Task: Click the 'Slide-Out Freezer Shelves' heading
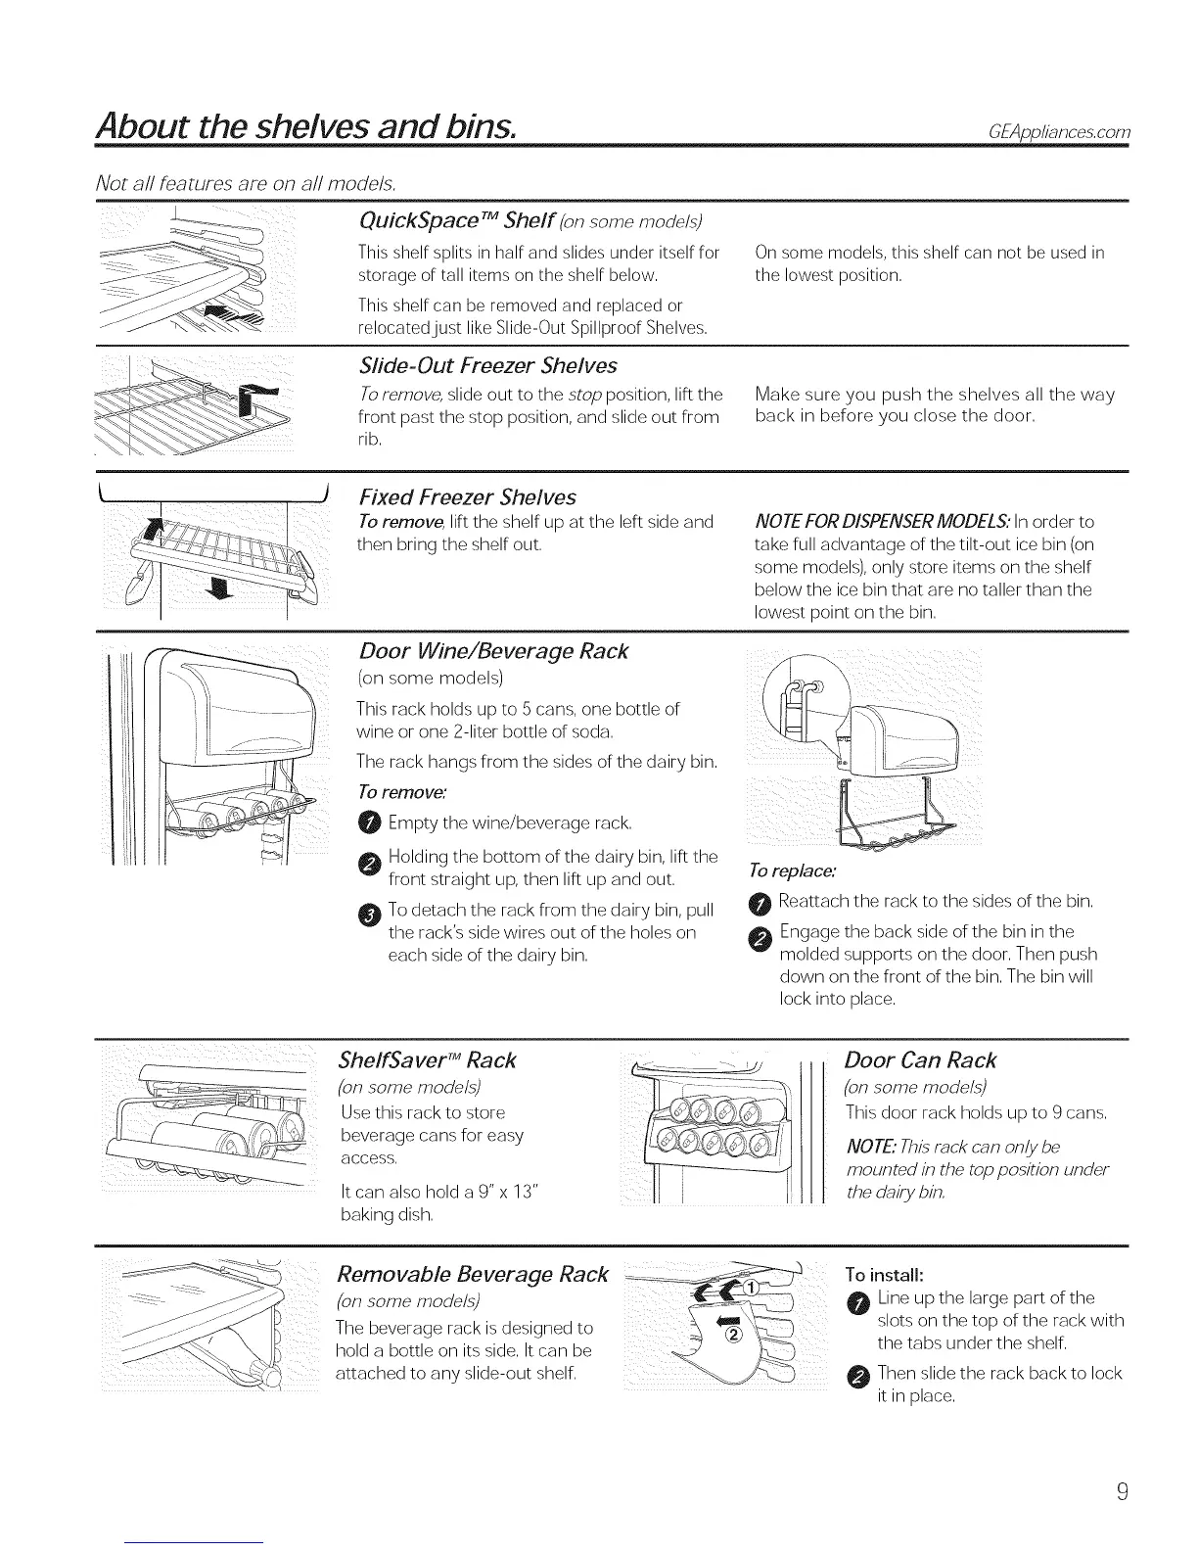click(x=488, y=366)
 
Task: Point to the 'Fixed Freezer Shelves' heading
click(x=468, y=496)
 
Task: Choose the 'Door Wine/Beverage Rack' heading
click(x=493, y=651)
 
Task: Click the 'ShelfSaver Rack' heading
click(x=427, y=1060)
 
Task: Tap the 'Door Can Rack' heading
click(x=920, y=1060)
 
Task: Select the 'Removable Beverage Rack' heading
click(x=472, y=1275)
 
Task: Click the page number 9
click(x=1124, y=1492)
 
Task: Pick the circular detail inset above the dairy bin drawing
click(x=800, y=688)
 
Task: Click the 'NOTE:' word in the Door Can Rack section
click(x=867, y=1147)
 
